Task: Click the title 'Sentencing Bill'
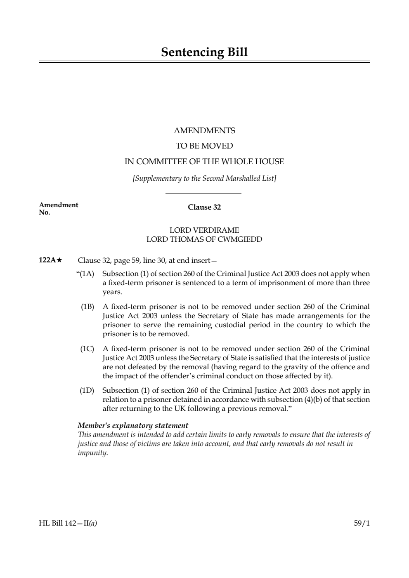point(204,52)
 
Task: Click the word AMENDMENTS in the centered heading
point(204,131)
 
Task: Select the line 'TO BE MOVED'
point(204,146)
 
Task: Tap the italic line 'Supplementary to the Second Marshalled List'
point(204,178)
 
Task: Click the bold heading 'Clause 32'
point(204,207)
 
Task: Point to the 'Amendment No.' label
point(58,208)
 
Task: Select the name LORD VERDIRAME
point(204,230)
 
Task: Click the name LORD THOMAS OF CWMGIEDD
point(204,239)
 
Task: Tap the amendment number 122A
point(47,260)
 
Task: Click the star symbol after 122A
point(59,260)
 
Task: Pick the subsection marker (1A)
point(87,274)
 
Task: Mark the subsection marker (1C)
point(87,349)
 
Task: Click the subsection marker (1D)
point(87,390)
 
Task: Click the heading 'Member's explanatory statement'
point(133,425)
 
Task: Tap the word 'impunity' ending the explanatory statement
point(92,453)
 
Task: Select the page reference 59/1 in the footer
point(362,524)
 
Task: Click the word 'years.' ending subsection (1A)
point(112,292)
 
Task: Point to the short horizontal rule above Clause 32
point(203,193)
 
